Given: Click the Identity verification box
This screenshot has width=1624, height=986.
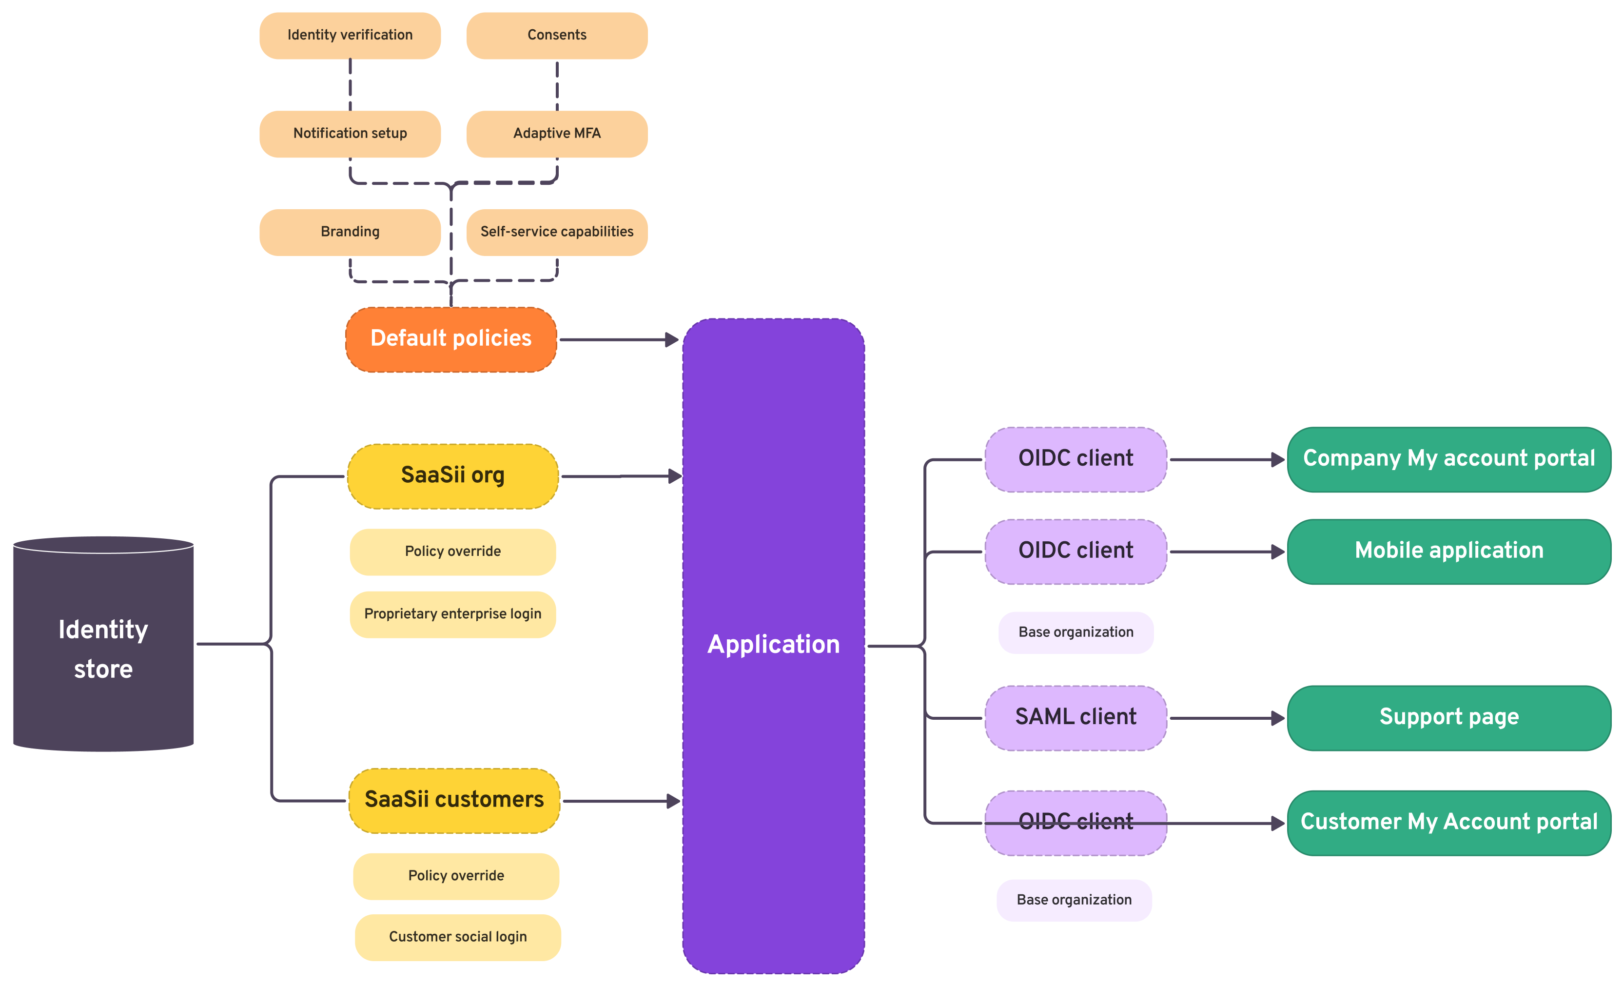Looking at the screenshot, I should coord(350,35).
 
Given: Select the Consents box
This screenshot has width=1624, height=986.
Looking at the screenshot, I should coord(557,35).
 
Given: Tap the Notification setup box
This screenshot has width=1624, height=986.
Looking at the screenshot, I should coord(350,134).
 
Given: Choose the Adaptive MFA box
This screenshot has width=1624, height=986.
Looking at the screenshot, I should coord(557,134).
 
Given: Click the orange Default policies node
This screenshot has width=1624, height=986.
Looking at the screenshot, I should coord(451,339).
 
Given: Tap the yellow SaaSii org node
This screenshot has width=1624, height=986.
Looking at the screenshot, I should coord(453,475).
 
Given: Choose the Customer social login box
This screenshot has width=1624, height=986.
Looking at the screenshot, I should coord(458,937).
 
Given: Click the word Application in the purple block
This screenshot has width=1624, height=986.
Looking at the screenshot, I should coord(773,645).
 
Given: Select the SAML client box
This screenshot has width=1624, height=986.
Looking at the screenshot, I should coord(1076,717).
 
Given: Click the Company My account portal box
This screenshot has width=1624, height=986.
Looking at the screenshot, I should coord(1448,459).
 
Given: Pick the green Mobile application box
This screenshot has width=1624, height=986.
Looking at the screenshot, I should coord(1448,551).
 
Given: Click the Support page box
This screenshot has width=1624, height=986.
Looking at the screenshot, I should coord(1448,717).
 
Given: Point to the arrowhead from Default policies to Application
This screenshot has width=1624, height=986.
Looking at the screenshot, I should coord(672,339).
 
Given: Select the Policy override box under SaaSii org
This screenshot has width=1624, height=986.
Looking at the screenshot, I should coord(453,552).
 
